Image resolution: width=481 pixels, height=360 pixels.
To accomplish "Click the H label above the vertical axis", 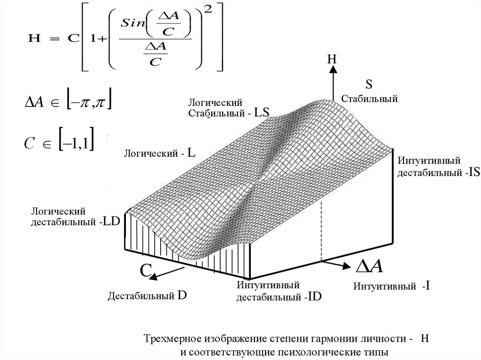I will [332, 59].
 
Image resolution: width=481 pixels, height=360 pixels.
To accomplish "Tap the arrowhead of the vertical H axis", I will [333, 69].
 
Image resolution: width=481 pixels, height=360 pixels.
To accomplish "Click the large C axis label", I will [146, 271].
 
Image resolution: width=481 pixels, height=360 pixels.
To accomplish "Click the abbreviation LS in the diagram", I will [262, 113].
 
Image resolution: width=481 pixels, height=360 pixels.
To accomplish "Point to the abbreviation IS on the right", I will [473, 172].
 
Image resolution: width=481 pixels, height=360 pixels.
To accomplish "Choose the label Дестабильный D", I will [147, 296].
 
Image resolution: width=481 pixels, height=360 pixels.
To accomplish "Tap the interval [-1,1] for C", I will [77, 142].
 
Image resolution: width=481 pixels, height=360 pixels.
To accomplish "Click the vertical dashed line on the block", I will [321, 230].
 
